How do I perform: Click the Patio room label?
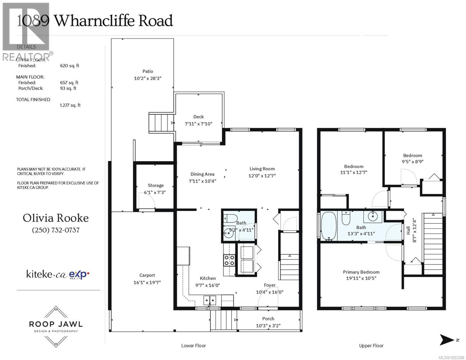click(x=148, y=71)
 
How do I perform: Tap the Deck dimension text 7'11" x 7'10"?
click(x=198, y=124)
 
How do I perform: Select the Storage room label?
click(x=155, y=185)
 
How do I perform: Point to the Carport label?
click(x=147, y=275)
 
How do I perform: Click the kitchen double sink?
click(x=209, y=300)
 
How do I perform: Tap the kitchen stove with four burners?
click(x=229, y=260)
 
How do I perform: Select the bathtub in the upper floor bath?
click(x=329, y=226)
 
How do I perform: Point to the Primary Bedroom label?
click(x=361, y=272)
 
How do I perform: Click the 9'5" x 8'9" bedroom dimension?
click(x=413, y=161)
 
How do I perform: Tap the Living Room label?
click(x=262, y=169)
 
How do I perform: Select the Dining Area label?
click(x=202, y=174)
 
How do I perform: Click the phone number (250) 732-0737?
click(x=56, y=230)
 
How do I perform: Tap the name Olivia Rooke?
click(x=56, y=218)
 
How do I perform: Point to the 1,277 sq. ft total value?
click(x=70, y=105)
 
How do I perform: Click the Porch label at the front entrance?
click(x=268, y=319)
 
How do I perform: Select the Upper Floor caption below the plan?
click(x=371, y=346)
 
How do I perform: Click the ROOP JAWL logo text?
click(x=56, y=324)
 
